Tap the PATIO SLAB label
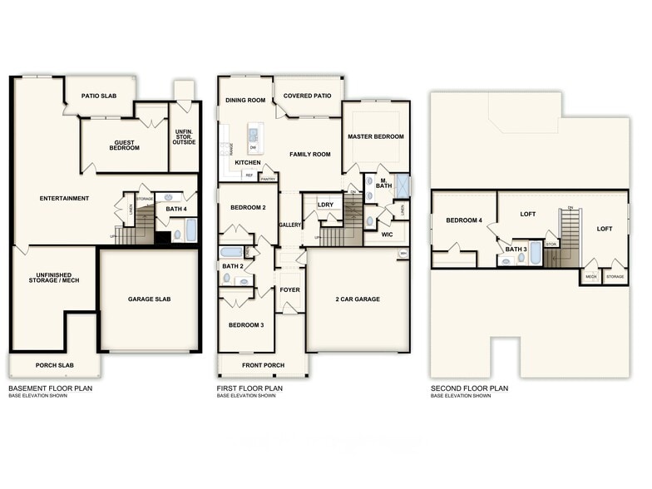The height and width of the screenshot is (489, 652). [x=98, y=96]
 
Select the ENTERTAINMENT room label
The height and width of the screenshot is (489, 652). [x=64, y=198]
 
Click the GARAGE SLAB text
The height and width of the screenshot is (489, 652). [x=150, y=299]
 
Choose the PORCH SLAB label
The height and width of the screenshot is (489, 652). [x=56, y=365]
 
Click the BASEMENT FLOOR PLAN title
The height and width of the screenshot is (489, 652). [x=50, y=388]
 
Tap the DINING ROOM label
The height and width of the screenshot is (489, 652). [x=244, y=101]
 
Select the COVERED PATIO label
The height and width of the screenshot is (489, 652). [x=307, y=96]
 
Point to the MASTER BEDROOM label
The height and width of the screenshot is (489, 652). [x=375, y=136]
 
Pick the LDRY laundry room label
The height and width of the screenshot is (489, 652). [x=325, y=204]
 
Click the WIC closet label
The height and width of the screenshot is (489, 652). [x=386, y=235]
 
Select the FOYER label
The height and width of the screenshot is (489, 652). [x=289, y=289]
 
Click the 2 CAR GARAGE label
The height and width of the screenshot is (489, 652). [x=358, y=299]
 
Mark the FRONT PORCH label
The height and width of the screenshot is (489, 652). [x=262, y=365]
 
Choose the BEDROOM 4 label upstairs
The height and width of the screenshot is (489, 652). [x=463, y=220]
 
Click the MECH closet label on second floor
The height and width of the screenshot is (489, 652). [x=591, y=276]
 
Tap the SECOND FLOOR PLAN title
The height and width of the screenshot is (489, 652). [x=469, y=388]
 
